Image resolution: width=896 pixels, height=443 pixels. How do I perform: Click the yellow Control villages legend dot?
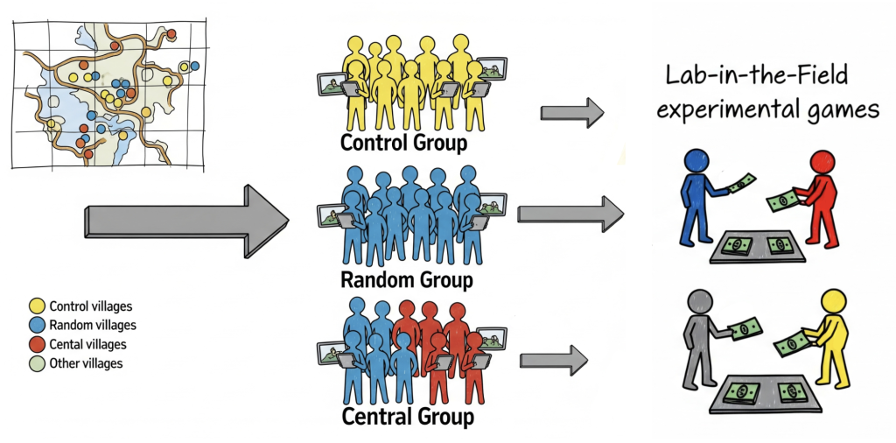pyautogui.click(x=38, y=306)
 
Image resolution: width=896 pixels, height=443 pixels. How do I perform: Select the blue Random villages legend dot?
pyautogui.click(x=38, y=325)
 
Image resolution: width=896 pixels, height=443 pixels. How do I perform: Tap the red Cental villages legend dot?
pyautogui.click(x=38, y=344)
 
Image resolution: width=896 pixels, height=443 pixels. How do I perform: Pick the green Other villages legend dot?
pyautogui.click(x=38, y=362)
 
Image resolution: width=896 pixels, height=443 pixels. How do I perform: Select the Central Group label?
pyautogui.click(x=407, y=415)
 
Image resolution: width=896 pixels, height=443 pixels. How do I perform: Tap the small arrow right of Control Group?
pyautogui.click(x=572, y=112)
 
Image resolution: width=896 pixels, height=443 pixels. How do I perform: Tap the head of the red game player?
pyautogui.click(x=824, y=164)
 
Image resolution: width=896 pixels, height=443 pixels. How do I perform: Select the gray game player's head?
pyautogui.click(x=699, y=302)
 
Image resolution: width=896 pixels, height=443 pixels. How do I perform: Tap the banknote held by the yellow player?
pyautogui.click(x=792, y=342)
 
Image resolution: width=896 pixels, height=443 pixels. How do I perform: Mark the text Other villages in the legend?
pyautogui.click(x=86, y=362)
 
